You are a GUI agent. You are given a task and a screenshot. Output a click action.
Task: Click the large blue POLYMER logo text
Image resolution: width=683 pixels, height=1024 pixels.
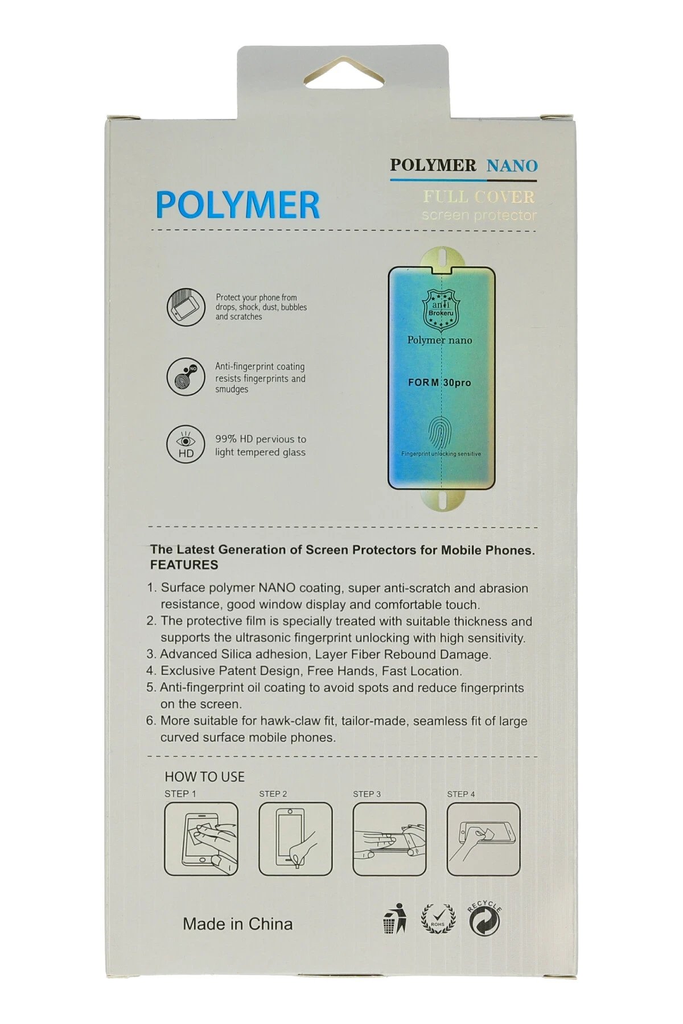tap(237, 205)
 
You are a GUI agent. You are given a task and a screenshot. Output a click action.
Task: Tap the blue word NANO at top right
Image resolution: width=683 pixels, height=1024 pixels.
tap(512, 166)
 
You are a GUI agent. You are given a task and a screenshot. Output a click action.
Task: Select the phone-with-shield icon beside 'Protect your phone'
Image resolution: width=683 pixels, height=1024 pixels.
tap(186, 307)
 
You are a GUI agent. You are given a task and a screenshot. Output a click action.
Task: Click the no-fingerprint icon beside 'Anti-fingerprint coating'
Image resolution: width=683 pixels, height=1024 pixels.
tap(186, 376)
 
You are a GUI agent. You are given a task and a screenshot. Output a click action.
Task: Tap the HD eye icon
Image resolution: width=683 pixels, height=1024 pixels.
tap(186, 444)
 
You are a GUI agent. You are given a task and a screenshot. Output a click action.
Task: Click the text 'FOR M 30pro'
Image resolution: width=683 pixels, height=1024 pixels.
tap(439, 383)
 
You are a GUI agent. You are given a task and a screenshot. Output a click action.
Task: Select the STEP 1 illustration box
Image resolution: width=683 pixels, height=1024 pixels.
tap(201, 839)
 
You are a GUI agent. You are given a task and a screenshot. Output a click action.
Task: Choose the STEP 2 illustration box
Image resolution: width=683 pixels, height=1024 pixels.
tap(295, 839)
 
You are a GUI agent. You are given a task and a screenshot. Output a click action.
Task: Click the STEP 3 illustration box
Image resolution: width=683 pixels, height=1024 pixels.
tap(389, 839)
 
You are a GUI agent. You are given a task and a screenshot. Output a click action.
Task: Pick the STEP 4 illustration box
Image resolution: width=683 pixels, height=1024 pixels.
tap(483, 839)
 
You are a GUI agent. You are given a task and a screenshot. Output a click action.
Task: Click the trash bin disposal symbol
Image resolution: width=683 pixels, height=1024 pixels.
tap(394, 918)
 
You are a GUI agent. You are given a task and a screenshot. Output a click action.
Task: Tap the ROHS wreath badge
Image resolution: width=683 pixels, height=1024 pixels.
tap(438, 918)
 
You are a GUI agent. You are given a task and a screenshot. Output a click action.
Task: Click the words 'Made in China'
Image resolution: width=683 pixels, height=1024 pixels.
tap(237, 924)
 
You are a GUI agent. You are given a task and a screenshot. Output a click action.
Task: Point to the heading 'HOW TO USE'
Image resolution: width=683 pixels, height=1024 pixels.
tap(204, 777)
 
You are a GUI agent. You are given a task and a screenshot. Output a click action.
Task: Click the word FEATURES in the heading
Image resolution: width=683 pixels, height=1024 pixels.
tap(184, 565)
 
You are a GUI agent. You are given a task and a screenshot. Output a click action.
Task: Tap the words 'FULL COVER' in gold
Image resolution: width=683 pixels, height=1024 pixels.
tap(479, 197)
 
